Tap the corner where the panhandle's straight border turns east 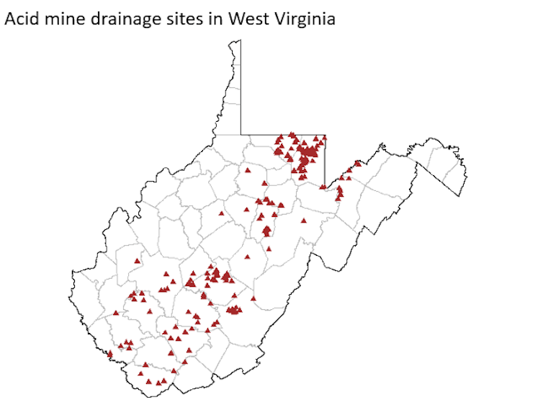pos(241,134)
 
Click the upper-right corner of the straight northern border pos(326,135)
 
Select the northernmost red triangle pos(292,134)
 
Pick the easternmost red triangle pos(358,163)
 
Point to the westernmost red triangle pos(109,354)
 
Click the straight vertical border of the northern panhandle pos(241,86)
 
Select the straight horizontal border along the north pos(282,134)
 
